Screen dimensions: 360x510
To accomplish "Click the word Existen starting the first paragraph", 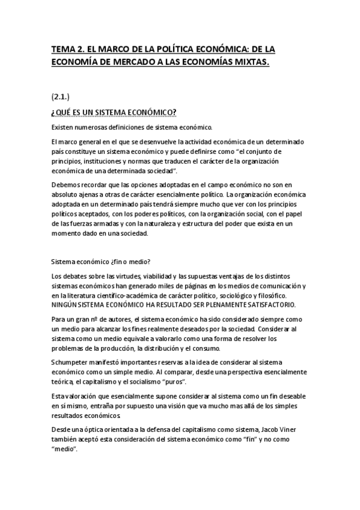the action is coord(64,127).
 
